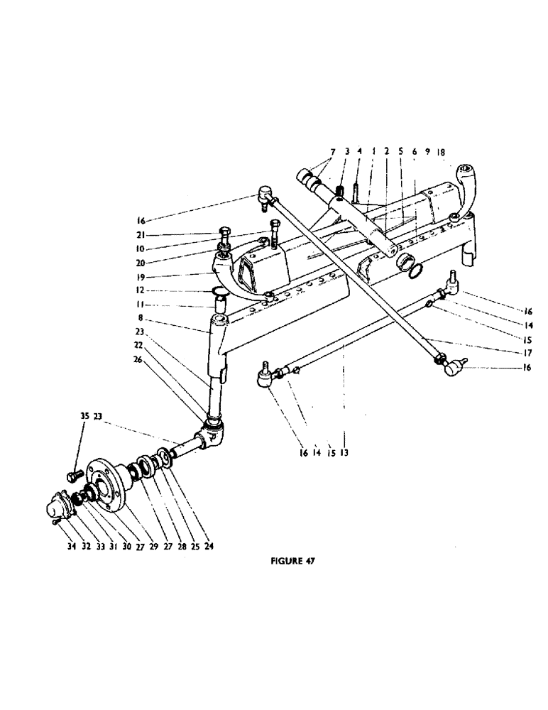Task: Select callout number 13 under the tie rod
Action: click(344, 451)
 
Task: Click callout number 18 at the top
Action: click(441, 152)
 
